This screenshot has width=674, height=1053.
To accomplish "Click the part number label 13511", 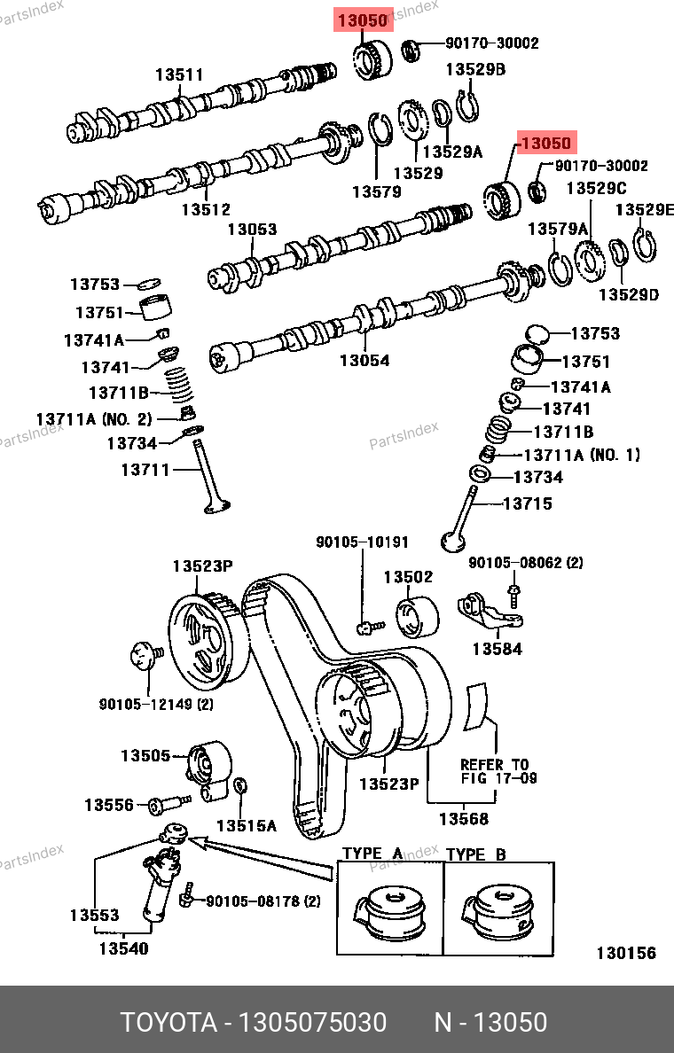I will (179, 75).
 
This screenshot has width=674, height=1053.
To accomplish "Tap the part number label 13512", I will (206, 210).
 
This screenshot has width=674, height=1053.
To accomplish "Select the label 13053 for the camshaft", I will (253, 230).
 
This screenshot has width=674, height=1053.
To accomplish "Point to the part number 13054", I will (364, 361).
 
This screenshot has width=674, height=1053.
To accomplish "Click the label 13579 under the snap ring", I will (376, 191).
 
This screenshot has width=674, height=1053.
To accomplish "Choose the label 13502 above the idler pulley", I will (408, 577).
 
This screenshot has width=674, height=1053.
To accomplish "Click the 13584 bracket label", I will (497, 649).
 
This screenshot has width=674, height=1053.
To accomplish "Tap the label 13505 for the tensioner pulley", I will (145, 755).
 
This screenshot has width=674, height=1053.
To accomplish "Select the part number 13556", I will (109, 805).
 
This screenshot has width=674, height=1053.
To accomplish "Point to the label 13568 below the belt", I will (464, 819).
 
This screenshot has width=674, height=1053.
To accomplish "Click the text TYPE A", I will (372, 854).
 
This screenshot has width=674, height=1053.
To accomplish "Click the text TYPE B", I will (475, 854).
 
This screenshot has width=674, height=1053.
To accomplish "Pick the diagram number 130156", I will (626, 954).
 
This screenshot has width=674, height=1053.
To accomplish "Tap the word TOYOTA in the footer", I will (168, 1023).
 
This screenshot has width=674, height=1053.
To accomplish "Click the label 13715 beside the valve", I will (528, 503).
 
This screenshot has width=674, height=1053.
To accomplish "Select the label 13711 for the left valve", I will (145, 470).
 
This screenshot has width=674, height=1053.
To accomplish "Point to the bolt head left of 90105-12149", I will (142, 658).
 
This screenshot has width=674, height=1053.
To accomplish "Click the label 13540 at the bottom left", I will (123, 948).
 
